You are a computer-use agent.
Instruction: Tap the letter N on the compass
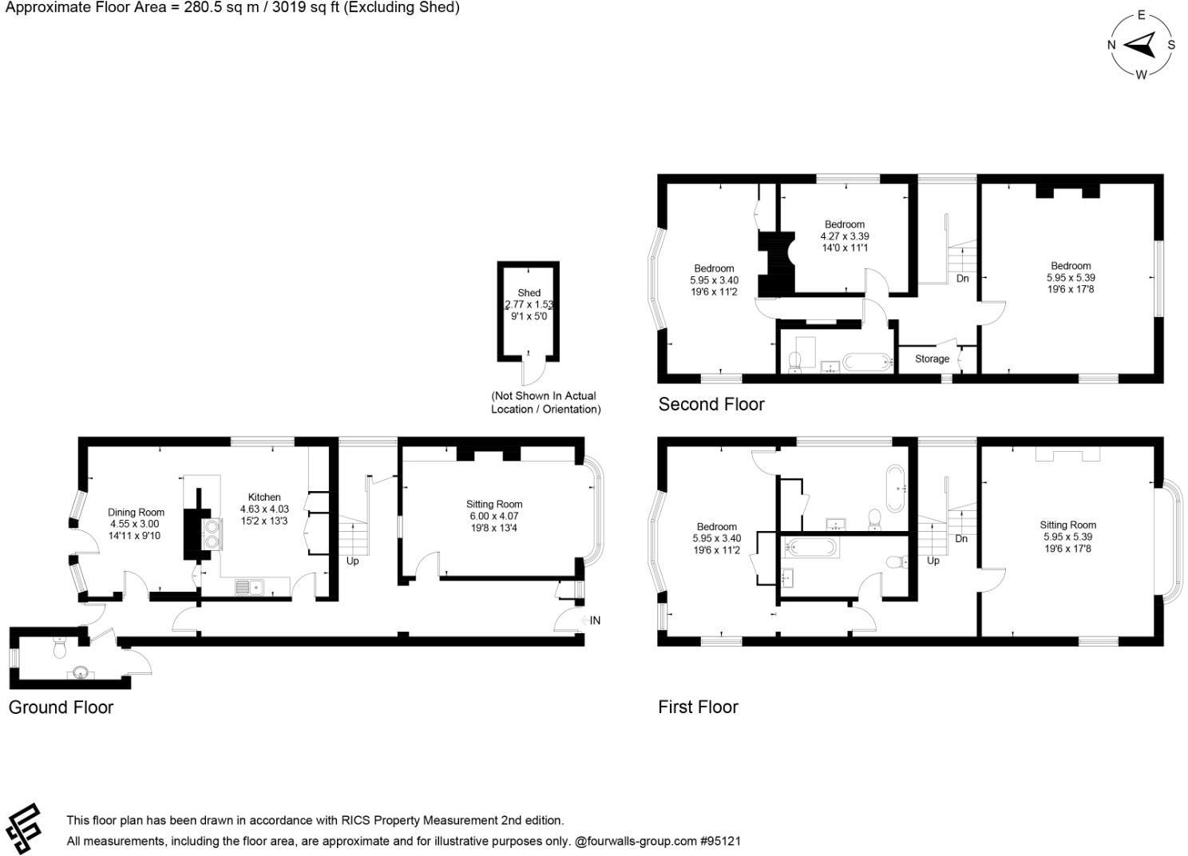[1111, 45]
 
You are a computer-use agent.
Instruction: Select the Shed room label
[529, 293]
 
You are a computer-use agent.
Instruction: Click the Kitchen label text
[264, 497]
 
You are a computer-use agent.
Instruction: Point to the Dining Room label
[136, 513]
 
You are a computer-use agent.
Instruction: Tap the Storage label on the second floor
[932, 359]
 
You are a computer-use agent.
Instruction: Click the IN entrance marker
[595, 620]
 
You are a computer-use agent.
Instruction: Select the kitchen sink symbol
[248, 588]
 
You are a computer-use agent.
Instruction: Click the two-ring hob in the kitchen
[212, 534]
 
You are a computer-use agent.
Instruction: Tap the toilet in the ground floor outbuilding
[57, 649]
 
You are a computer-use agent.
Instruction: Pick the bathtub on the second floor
[868, 363]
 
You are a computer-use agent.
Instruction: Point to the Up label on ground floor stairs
[352, 561]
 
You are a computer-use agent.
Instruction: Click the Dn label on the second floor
[962, 279]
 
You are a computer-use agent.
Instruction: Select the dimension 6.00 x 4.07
[494, 516]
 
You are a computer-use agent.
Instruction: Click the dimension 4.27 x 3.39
[845, 236]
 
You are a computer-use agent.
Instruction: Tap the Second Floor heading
[711, 405]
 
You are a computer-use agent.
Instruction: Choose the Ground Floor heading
[61, 707]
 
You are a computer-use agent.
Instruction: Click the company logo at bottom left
[24, 828]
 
